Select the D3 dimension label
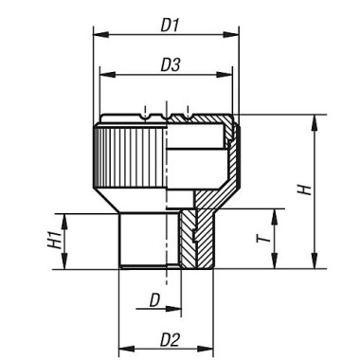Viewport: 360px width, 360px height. click(170, 63)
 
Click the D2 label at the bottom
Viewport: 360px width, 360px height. click(168, 337)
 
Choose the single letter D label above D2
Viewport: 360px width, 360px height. click(152, 300)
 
